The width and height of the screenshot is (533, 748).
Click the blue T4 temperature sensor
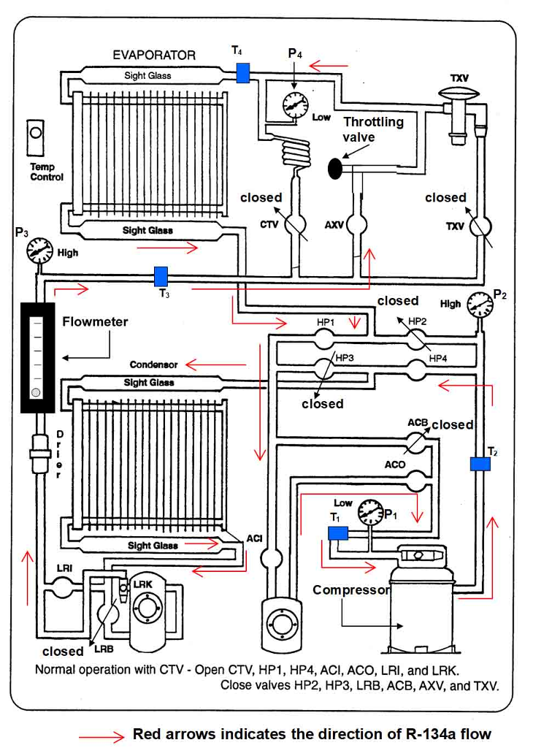[243, 72]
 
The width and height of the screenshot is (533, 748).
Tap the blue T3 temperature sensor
[161, 276]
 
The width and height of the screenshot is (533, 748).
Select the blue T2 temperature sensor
[480, 464]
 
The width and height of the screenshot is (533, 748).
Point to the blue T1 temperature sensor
[337, 533]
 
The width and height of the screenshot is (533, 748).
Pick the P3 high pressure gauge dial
[39, 252]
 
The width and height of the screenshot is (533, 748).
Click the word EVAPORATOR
[154, 55]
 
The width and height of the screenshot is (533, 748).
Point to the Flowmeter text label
[95, 321]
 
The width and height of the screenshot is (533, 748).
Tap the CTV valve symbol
[296, 224]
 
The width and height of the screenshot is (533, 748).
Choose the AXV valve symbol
[358, 224]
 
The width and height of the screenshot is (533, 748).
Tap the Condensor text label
[153, 365]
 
